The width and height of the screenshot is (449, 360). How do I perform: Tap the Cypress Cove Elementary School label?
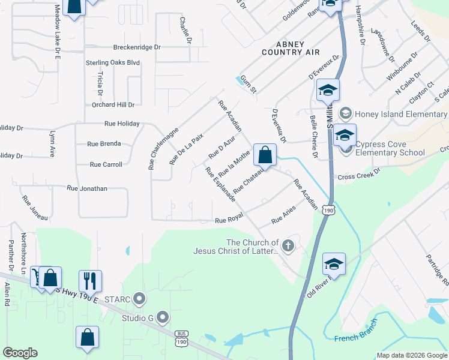point(390,148)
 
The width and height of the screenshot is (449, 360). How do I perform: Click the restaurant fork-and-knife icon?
point(90,280)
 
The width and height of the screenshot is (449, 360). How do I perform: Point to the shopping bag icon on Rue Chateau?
point(265,155)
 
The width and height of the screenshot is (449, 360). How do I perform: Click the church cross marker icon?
point(288,245)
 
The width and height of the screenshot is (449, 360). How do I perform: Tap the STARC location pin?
point(139,298)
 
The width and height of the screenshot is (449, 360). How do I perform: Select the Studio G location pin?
point(161,317)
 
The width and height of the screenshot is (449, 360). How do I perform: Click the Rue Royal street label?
point(229,220)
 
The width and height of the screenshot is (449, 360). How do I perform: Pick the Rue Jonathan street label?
point(87,188)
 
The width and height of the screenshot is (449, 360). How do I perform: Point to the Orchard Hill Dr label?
point(113,104)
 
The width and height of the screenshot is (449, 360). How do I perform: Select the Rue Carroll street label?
point(106,164)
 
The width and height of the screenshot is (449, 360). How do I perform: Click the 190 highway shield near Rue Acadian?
point(328,210)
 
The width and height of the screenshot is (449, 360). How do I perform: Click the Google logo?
point(20,353)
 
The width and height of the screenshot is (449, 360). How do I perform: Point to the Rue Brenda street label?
point(104,144)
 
